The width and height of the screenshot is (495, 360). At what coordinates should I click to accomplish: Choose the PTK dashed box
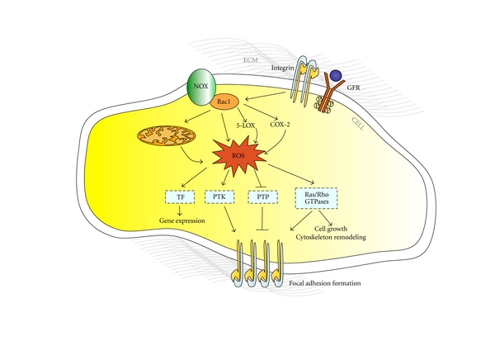pos(217,198)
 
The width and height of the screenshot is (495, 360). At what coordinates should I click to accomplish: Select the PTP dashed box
pos(260,198)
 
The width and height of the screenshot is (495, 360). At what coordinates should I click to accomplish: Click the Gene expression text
pos(181,222)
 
